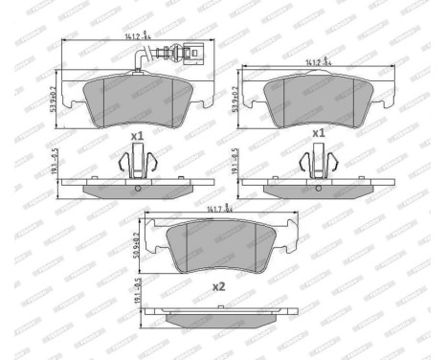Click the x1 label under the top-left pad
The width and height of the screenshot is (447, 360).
click(137, 136)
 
